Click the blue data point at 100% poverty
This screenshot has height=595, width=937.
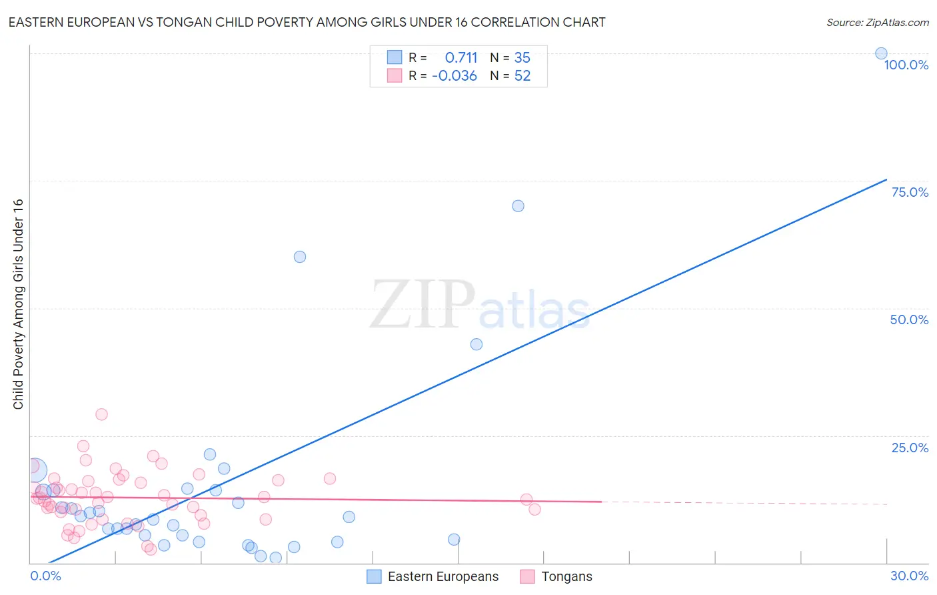[881, 53]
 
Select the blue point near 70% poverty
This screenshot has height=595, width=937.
[518, 206]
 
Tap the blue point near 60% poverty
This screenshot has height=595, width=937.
[300, 257]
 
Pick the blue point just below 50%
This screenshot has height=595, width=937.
[476, 344]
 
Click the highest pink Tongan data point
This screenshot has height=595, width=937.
[101, 414]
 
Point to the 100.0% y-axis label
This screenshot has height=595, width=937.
[906, 65]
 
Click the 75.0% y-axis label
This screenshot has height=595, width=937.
[910, 192]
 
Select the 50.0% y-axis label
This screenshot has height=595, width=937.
[909, 320]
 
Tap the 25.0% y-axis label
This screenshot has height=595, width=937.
[910, 448]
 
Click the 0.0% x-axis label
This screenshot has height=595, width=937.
[45, 576]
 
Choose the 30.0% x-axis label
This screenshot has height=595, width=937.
[909, 576]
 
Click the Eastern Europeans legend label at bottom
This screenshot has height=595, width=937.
[443, 576]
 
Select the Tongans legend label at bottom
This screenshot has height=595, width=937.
[566, 576]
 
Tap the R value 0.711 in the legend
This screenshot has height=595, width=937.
[461, 58]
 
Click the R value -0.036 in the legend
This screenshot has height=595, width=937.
[455, 76]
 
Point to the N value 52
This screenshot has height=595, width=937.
[522, 76]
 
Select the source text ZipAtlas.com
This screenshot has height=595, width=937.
[896, 22]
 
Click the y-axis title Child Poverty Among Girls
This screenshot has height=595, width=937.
[18, 304]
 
